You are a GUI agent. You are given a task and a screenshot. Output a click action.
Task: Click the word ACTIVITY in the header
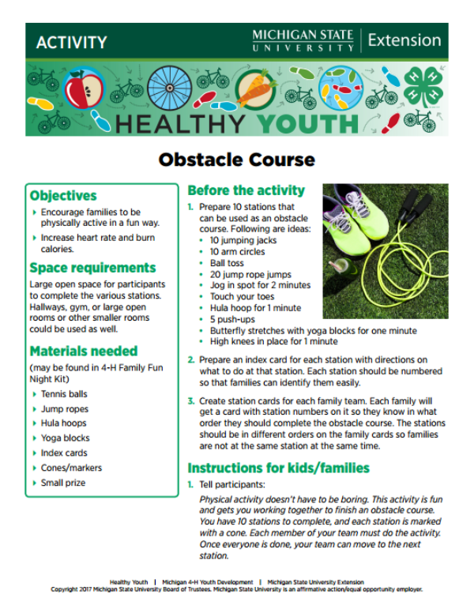(x=71, y=42)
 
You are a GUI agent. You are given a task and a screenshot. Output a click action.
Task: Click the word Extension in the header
(x=404, y=40)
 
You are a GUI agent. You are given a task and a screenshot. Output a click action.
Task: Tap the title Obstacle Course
(x=236, y=160)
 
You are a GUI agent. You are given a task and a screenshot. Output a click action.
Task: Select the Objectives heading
(x=63, y=195)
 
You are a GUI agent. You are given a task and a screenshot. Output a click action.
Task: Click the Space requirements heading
(x=92, y=267)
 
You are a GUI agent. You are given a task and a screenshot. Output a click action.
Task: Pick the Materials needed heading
(x=83, y=351)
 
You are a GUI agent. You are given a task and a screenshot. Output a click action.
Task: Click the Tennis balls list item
(x=64, y=394)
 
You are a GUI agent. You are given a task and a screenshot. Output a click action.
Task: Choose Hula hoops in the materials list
(x=63, y=423)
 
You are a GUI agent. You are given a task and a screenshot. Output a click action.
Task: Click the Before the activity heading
(x=246, y=190)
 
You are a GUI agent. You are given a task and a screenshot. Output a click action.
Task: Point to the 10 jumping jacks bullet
(x=243, y=239)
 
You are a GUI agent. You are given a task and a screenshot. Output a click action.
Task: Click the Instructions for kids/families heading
(x=278, y=468)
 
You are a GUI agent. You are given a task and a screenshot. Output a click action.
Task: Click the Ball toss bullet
(x=227, y=262)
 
